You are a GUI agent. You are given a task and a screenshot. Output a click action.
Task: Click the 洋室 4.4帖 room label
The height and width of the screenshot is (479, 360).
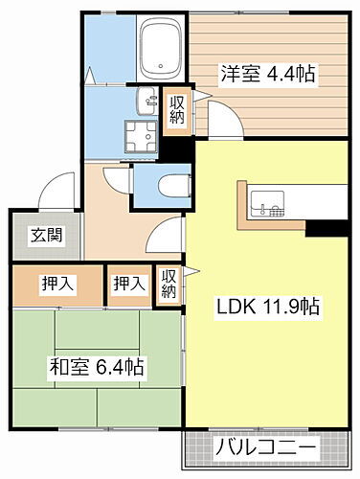tap(269, 72)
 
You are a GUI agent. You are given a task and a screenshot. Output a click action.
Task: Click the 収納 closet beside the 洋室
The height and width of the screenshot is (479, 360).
tap(176, 110)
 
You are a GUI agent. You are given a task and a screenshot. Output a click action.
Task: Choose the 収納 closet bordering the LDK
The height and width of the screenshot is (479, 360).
tap(169, 284)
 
